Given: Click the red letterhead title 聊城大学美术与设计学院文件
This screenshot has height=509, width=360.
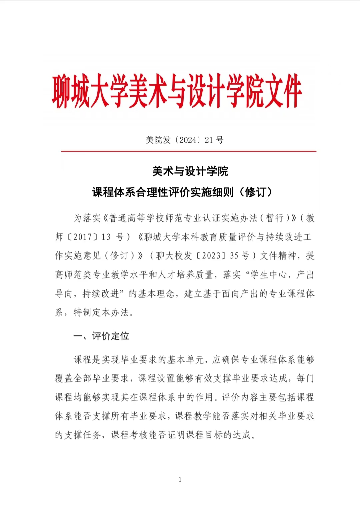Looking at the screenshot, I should (177, 91).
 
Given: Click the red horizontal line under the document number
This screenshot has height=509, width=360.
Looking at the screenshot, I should (189, 151).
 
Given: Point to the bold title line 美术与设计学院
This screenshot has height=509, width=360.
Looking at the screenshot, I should (190, 171).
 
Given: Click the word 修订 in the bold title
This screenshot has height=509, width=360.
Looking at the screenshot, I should (255, 192).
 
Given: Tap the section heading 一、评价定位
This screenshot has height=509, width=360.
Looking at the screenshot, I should (101, 336).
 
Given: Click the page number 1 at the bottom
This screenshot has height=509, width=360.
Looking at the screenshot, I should (180, 480).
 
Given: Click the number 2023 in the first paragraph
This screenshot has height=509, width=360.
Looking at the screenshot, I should (211, 256).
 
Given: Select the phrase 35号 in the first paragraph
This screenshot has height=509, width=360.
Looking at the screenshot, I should (239, 256).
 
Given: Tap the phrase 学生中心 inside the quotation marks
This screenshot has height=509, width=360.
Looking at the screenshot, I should (268, 275).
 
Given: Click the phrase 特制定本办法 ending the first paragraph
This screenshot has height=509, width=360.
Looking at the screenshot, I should (101, 312).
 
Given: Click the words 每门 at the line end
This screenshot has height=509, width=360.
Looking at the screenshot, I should (305, 378).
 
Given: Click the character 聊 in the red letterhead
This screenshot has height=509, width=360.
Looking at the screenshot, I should (61, 91).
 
